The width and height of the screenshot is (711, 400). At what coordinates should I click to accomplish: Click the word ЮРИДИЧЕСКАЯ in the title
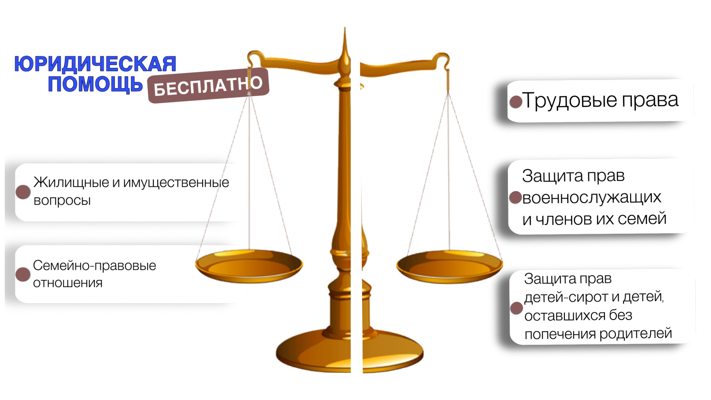95,64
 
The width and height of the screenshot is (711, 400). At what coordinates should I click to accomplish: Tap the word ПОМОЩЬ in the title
95,84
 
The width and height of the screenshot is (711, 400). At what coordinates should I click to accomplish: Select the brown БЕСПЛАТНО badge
208,85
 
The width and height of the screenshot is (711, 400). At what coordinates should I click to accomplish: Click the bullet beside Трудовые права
516,102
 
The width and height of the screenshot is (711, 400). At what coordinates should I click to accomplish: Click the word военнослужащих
591,197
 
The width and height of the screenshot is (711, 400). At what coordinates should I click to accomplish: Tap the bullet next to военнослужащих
515,197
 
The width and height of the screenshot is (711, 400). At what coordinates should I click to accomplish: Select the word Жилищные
71,183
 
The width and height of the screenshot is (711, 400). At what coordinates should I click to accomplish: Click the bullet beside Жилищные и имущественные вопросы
23,192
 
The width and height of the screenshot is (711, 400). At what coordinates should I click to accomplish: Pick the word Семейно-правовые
94,265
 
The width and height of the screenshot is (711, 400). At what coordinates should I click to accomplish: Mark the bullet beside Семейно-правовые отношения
23,274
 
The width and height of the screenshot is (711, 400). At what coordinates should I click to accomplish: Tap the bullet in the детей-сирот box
516,308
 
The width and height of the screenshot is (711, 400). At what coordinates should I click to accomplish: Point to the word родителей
636,334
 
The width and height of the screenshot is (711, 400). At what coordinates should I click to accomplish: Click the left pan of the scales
249,266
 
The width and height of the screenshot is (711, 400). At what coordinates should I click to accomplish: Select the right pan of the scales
449,266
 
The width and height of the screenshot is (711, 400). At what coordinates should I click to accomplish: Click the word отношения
68,283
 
